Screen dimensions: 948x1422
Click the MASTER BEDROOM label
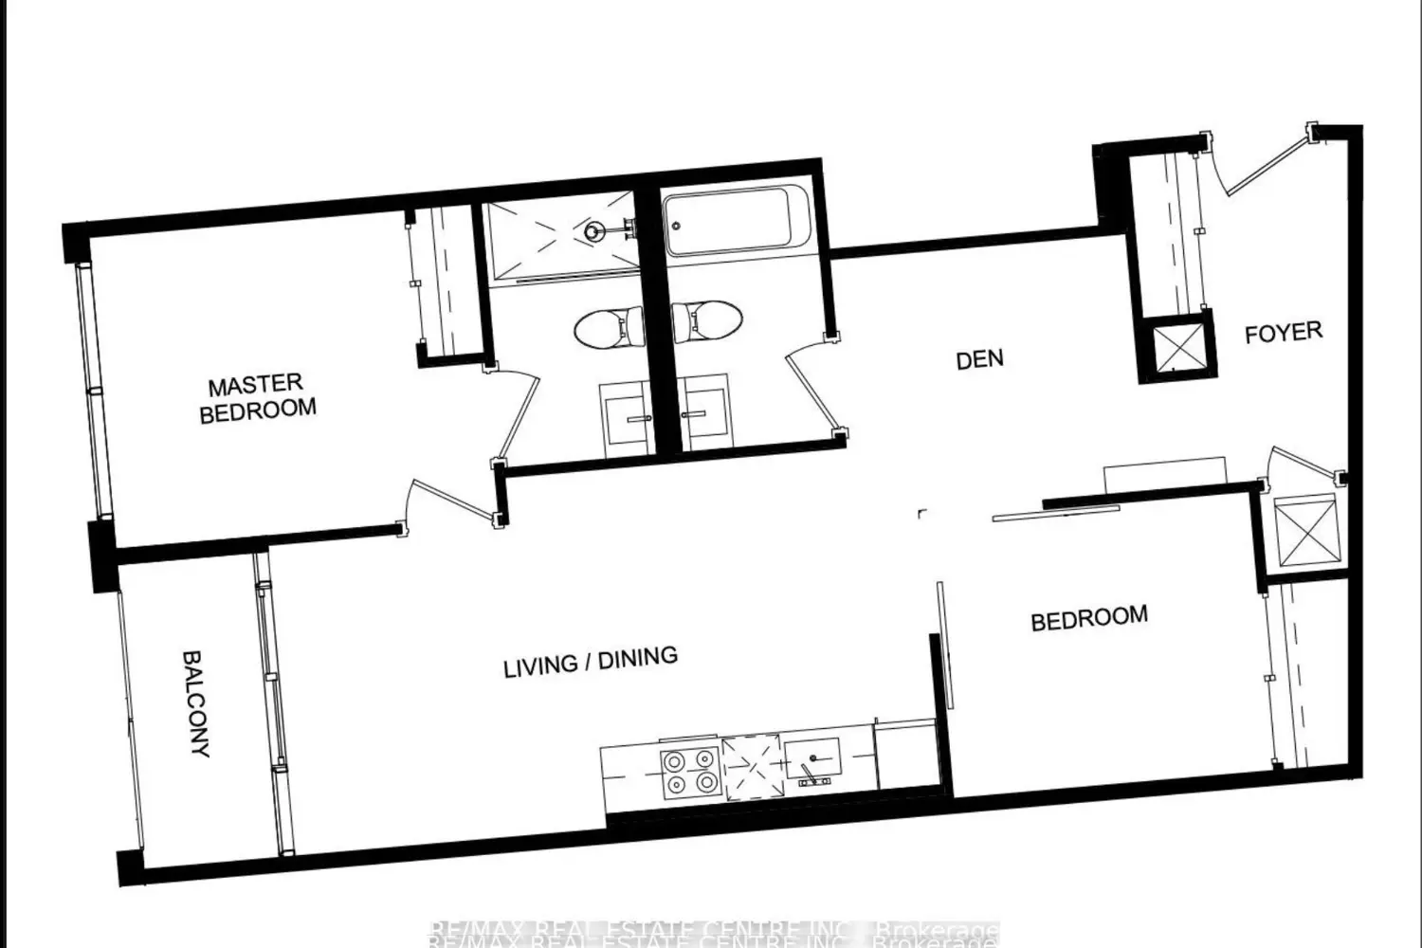(x=257, y=397)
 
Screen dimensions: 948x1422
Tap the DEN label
(x=979, y=360)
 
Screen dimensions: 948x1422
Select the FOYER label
(x=1283, y=333)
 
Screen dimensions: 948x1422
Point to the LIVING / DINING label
(x=590, y=661)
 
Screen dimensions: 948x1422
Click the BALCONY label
(x=196, y=702)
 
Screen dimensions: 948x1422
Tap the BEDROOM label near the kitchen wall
(x=1089, y=618)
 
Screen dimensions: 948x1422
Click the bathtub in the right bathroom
(x=735, y=224)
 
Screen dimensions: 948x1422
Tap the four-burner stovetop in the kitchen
(x=689, y=773)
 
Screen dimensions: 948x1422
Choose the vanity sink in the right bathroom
(x=705, y=417)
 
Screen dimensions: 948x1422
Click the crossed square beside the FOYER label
(x=1177, y=347)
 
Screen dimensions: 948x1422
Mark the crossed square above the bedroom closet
(x=1304, y=532)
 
